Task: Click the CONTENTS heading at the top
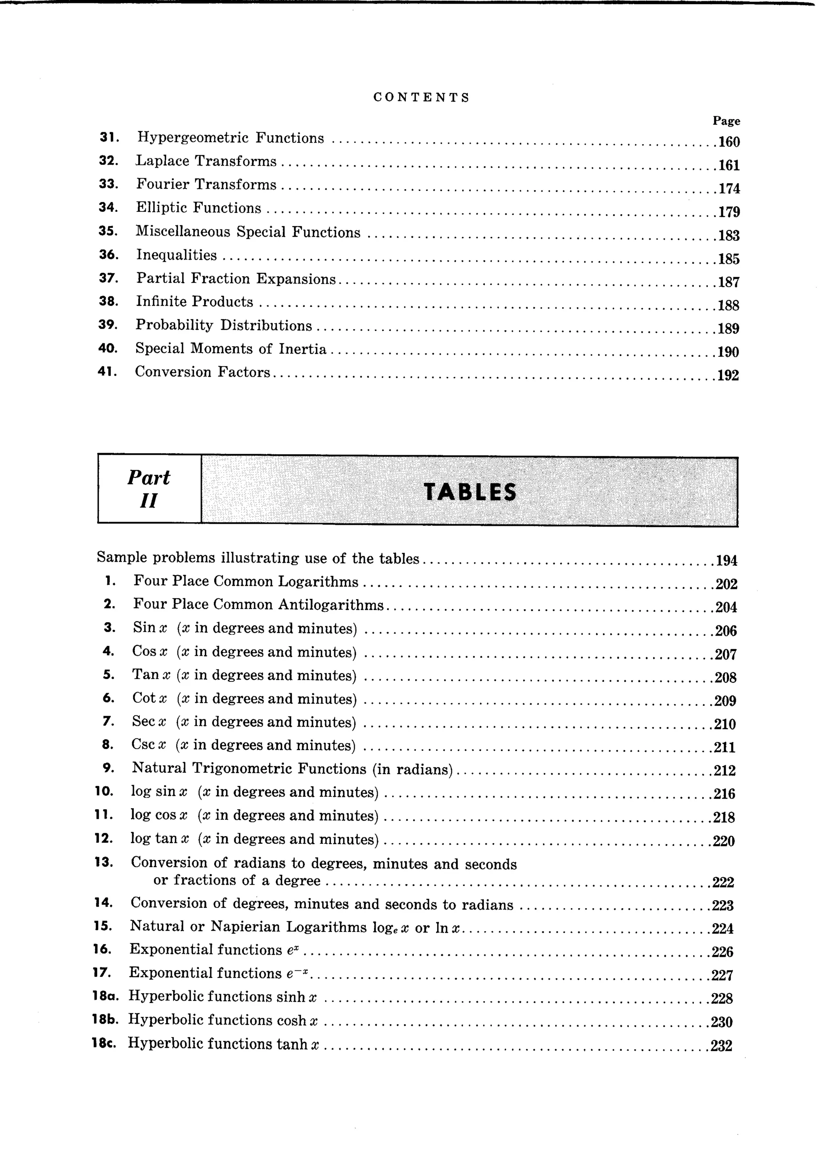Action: pos(421,97)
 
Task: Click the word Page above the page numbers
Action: pos(726,121)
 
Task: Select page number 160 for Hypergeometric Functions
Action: pos(729,142)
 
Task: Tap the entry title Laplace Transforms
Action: pos(206,161)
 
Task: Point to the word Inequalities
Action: pos(176,255)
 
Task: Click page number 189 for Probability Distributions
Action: pos(729,329)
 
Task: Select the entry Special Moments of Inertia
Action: pos(231,349)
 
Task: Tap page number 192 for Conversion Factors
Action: pos(728,376)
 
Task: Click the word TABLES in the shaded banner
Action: pos(470,492)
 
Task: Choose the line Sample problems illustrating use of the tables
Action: pos(258,558)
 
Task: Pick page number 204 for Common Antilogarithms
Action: pos(725,607)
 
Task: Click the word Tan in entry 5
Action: pos(145,675)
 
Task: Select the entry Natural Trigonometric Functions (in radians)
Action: pos(292,769)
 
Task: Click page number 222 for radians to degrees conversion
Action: pos(723,883)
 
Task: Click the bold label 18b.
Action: pos(105,1020)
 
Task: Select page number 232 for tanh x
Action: pos(721,1046)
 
